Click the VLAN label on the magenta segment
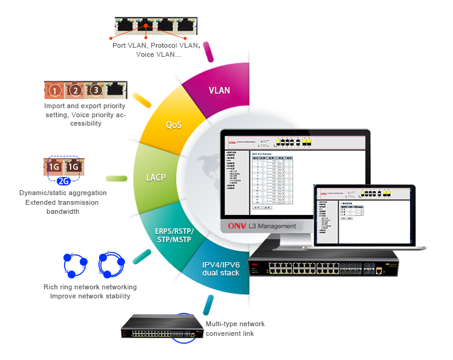click(x=219, y=91)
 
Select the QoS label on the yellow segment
click(x=174, y=126)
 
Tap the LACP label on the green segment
click(x=156, y=178)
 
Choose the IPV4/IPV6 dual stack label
click(x=220, y=269)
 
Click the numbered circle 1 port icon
click(x=55, y=91)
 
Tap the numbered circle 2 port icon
click(x=75, y=91)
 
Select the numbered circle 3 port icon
click(x=95, y=91)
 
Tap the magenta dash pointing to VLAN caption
click(x=210, y=51)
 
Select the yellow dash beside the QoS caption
click(x=142, y=100)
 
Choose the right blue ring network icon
click(x=112, y=263)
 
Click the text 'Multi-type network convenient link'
click(x=236, y=329)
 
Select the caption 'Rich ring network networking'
click(x=90, y=287)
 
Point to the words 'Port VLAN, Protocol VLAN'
click(x=156, y=45)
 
